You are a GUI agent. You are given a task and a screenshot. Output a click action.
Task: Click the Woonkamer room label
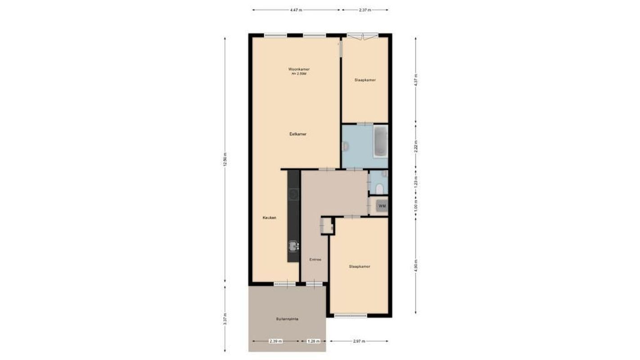pyautogui.click(x=299, y=69)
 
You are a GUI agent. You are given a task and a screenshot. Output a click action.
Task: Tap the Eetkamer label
pyautogui.click(x=298, y=134)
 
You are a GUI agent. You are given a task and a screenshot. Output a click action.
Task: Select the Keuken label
pyautogui.click(x=269, y=218)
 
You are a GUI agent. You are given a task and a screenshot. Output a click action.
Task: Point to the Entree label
pyautogui.click(x=315, y=260)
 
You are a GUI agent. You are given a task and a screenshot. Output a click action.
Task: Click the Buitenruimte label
pyautogui.click(x=287, y=319)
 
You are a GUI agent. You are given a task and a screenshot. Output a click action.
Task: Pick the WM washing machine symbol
pyautogui.click(x=382, y=206)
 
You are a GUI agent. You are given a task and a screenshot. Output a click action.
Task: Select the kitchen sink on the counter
pyautogui.click(x=293, y=246)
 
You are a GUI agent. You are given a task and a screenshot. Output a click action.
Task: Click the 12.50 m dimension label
pyautogui.click(x=225, y=159)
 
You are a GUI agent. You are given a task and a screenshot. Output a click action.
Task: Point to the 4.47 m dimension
pyautogui.click(x=296, y=9)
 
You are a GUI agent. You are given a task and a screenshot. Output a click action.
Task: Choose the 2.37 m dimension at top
pyautogui.click(x=365, y=9)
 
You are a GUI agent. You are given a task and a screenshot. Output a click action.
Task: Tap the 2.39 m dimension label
pyautogui.click(x=276, y=341)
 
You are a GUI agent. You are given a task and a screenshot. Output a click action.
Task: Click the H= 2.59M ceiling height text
pyautogui.click(x=299, y=74)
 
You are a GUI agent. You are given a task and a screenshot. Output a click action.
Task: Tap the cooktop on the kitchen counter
pyautogui.click(x=293, y=194)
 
